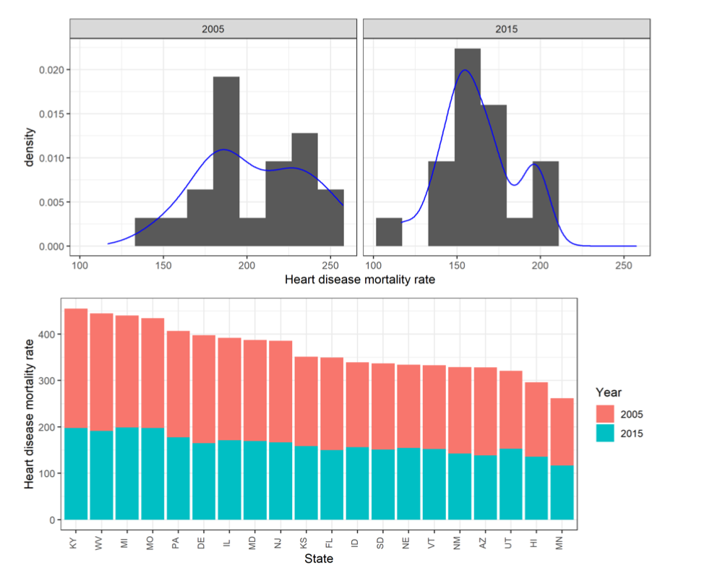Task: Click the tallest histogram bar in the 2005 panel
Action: point(226,159)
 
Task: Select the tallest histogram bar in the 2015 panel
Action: point(468,144)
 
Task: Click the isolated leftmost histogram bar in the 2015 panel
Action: point(389,232)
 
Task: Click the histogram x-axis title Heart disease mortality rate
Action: point(360,280)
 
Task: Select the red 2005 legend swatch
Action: point(605,414)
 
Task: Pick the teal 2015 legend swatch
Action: point(605,433)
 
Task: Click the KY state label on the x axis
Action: point(76,542)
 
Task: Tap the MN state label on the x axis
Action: point(562,542)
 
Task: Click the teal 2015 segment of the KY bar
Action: point(76,473)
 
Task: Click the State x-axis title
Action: point(319,558)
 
